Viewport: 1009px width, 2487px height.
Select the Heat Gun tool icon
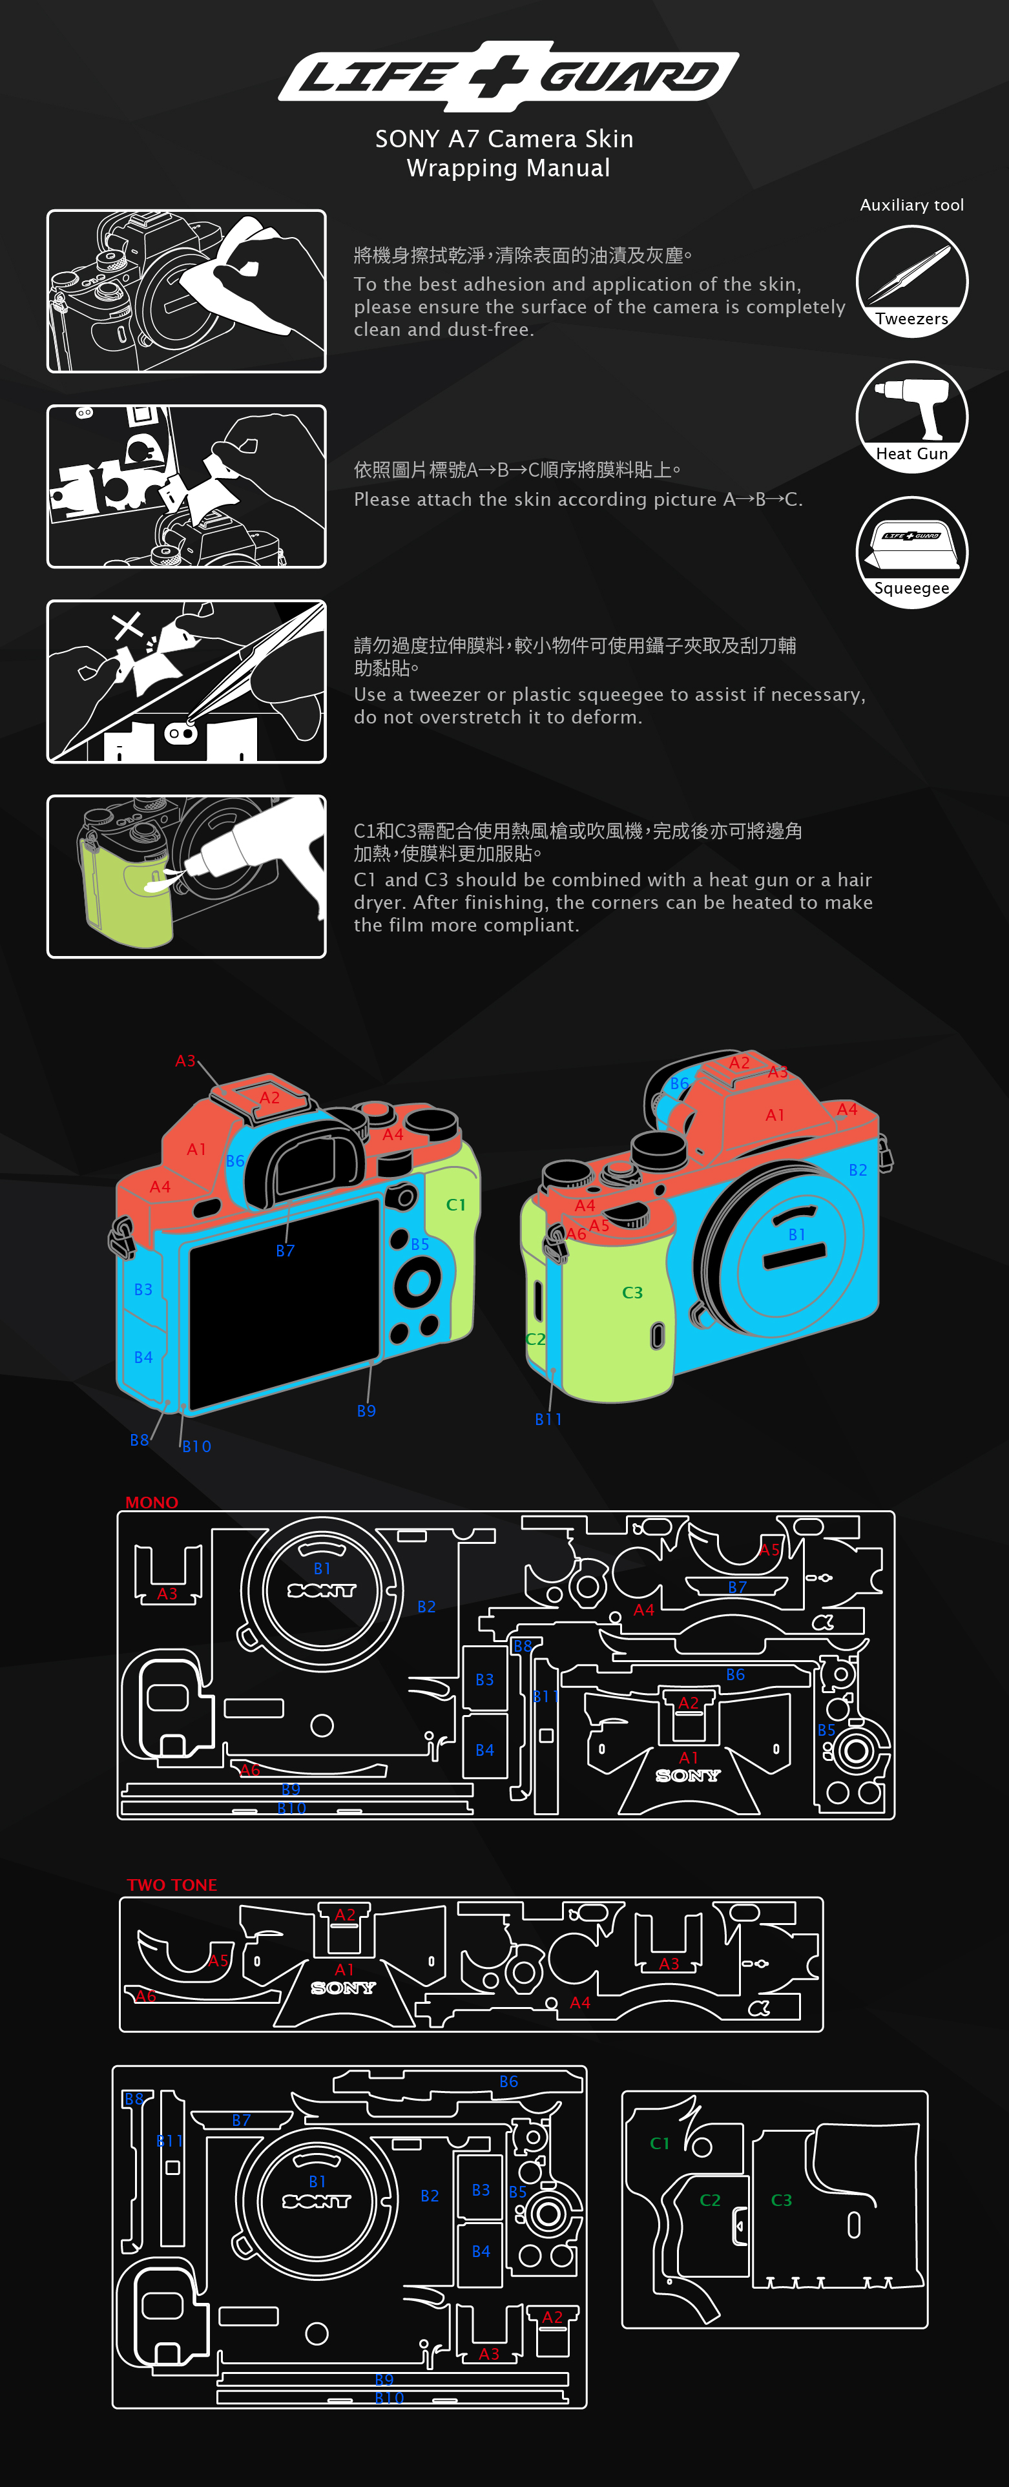pyautogui.click(x=911, y=416)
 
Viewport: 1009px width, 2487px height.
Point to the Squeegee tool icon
pyautogui.click(x=911, y=551)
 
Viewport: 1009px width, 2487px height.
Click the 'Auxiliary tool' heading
pyautogui.click(x=911, y=205)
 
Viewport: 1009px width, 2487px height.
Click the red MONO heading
pyautogui.click(x=152, y=1503)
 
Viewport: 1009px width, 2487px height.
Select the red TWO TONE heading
pyautogui.click(x=172, y=1884)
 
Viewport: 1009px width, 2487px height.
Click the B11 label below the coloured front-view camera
pyautogui.click(x=548, y=1419)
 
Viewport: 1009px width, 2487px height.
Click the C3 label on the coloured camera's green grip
pyautogui.click(x=632, y=1293)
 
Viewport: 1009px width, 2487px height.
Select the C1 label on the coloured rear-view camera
pyautogui.click(x=456, y=1205)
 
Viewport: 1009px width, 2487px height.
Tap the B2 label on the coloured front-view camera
pyautogui.click(x=857, y=1170)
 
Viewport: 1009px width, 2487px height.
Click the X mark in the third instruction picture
pyautogui.click(x=127, y=625)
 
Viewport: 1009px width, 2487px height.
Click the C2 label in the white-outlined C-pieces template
pyautogui.click(x=710, y=2200)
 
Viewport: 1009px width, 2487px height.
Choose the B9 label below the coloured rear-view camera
pyautogui.click(x=366, y=1411)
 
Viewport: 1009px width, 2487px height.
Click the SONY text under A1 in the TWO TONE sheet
pyautogui.click(x=343, y=1988)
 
